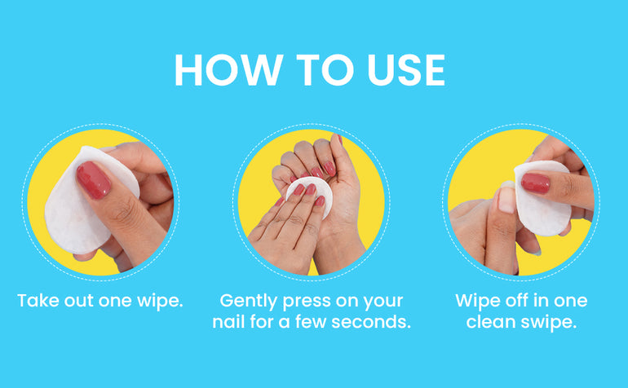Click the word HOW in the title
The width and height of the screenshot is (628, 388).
pos(228,70)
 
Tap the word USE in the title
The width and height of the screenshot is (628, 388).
pos(406,70)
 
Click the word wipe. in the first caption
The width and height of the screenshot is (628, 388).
pos(160,301)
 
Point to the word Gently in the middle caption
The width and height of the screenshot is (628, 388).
pos(248,302)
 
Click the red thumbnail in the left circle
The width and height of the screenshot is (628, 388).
pos(93,180)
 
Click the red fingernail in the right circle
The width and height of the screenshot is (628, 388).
pos(536,183)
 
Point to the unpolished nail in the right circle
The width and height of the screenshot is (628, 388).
pos(506,200)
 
